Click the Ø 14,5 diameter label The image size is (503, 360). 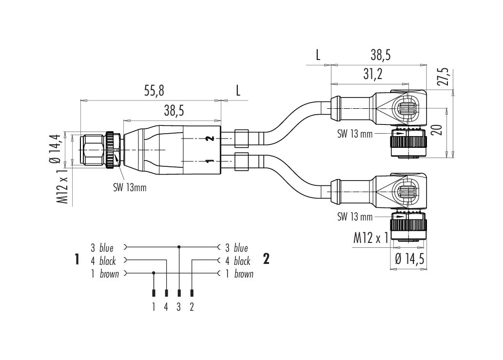point(410,260)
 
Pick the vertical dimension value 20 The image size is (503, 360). point(438,130)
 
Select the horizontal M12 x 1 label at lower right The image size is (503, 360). point(370,238)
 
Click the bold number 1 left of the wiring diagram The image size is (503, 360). point(77,259)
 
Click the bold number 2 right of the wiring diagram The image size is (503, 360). point(266,259)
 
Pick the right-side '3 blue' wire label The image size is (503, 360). point(236,248)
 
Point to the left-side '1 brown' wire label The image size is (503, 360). point(104,274)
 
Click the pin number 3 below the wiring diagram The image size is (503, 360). point(179,306)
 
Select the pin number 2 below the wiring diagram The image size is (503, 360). point(192,306)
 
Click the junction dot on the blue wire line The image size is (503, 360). point(179,247)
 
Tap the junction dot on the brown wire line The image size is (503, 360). point(154,273)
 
